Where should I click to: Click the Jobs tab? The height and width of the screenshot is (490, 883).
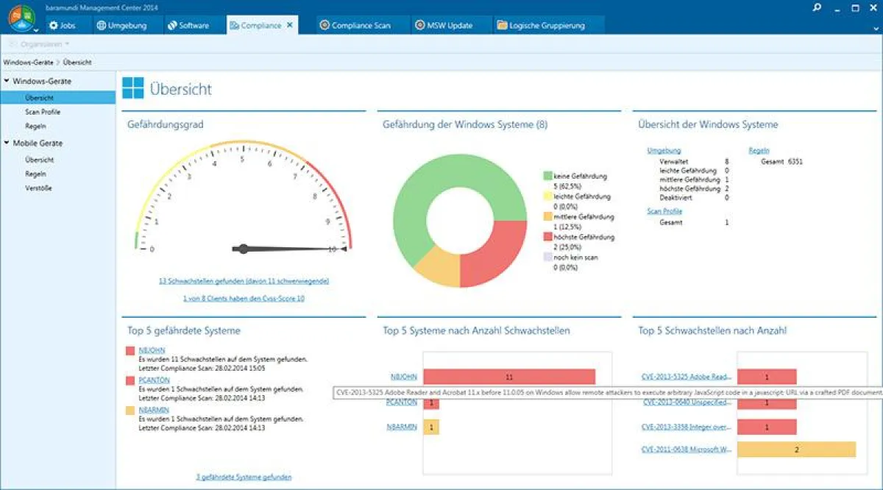[x=63, y=25]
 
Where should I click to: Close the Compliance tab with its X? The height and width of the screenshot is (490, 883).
[x=290, y=25]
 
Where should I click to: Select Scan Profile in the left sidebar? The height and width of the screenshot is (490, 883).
[x=42, y=112]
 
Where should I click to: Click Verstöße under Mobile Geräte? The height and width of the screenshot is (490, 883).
[x=38, y=188]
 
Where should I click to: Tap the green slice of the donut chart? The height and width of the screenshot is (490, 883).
[x=427, y=199]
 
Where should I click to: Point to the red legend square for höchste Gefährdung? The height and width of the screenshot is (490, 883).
[x=547, y=238]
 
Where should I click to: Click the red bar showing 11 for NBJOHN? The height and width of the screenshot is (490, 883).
[x=508, y=377]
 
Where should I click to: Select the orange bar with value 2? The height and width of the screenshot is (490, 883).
[x=796, y=450]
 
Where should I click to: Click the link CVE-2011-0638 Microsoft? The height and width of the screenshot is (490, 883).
[x=685, y=449]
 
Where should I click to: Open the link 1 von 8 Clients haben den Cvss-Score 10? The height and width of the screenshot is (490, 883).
[x=244, y=299]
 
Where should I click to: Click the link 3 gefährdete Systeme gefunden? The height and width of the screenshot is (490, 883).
[x=244, y=477]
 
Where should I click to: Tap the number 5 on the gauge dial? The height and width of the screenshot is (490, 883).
[x=242, y=157]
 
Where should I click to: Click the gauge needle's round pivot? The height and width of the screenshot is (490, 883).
[x=243, y=249]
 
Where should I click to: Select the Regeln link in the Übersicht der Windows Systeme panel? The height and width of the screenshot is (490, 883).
[x=759, y=150]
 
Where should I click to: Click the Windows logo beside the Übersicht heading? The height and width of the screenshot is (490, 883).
[x=133, y=89]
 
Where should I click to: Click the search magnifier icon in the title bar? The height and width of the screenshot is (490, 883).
[x=817, y=7]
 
